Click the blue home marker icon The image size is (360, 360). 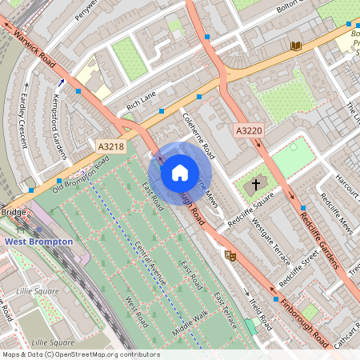coord(180,173)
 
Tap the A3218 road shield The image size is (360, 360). coord(111,146)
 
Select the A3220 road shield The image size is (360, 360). coord(249,129)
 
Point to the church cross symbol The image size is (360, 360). coord(256,185)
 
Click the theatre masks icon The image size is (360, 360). coord(231,256)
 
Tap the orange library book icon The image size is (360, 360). coord(297,46)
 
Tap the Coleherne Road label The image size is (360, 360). coord(199,133)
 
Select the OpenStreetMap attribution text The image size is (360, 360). coord(80,354)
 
